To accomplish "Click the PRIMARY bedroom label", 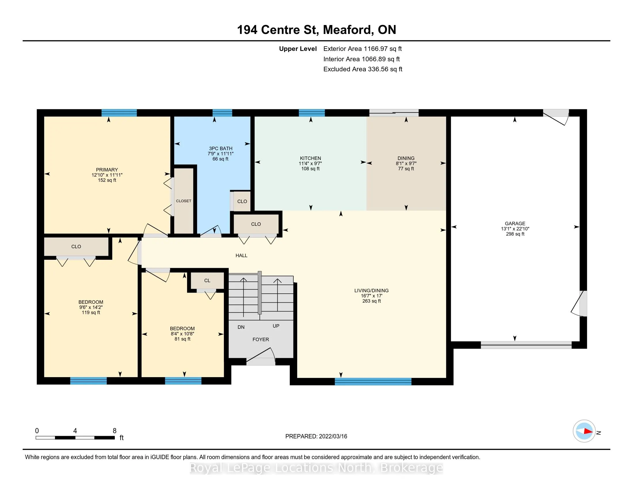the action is tap(107, 170).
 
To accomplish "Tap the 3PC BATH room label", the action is tap(221, 149).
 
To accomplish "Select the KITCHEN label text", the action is tap(310, 158).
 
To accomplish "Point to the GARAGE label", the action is tap(515, 223).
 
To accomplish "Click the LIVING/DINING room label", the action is tap(371, 291).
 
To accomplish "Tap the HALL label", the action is tap(241, 255).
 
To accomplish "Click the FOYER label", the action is tap(261, 339).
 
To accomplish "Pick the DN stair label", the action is tap(241, 327).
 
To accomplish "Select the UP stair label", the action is tap(276, 326).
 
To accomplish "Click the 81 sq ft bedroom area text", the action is tap(182, 339).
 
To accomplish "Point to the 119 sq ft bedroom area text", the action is tap(91, 313).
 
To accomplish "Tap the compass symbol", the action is tap(584, 431).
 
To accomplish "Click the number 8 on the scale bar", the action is tap(115, 431).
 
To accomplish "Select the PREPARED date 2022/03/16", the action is tap(333, 436).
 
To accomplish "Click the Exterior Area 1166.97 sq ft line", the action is tap(363, 49).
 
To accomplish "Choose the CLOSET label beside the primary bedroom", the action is tap(184, 201).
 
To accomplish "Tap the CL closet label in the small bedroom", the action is tap(207, 280).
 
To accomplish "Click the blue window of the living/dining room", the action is tap(373, 381).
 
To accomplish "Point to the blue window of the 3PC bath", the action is tap(222, 113).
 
